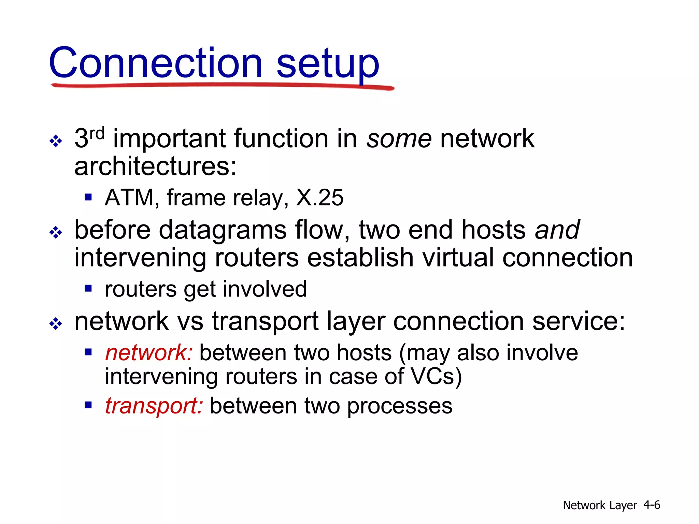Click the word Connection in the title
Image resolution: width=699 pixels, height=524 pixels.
(156, 63)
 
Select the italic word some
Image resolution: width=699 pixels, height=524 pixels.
(399, 139)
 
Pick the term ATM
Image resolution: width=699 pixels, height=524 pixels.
(130, 198)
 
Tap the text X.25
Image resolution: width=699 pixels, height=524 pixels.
(320, 198)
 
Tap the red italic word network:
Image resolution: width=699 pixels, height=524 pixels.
(149, 353)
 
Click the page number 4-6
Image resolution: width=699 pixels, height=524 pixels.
(652, 505)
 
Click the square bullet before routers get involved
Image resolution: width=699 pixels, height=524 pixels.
(88, 289)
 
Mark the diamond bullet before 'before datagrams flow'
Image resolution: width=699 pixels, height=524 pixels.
(56, 233)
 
